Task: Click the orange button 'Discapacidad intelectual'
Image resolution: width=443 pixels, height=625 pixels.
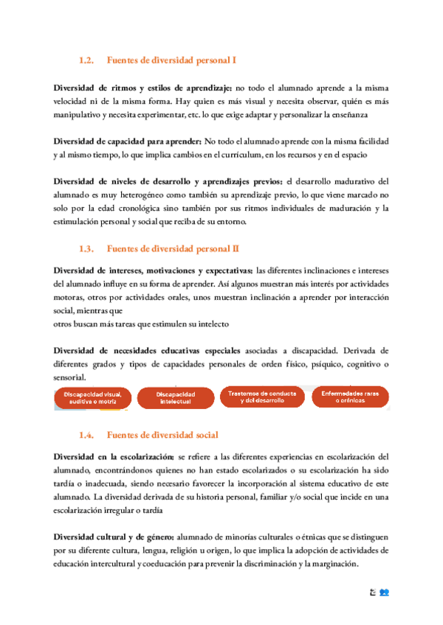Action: [175, 399]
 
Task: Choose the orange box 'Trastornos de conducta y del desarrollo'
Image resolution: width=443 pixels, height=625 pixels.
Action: [262, 398]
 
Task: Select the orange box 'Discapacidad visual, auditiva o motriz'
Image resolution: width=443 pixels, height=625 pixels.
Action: [92, 399]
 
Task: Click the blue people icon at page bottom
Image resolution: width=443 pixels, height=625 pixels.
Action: [385, 593]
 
